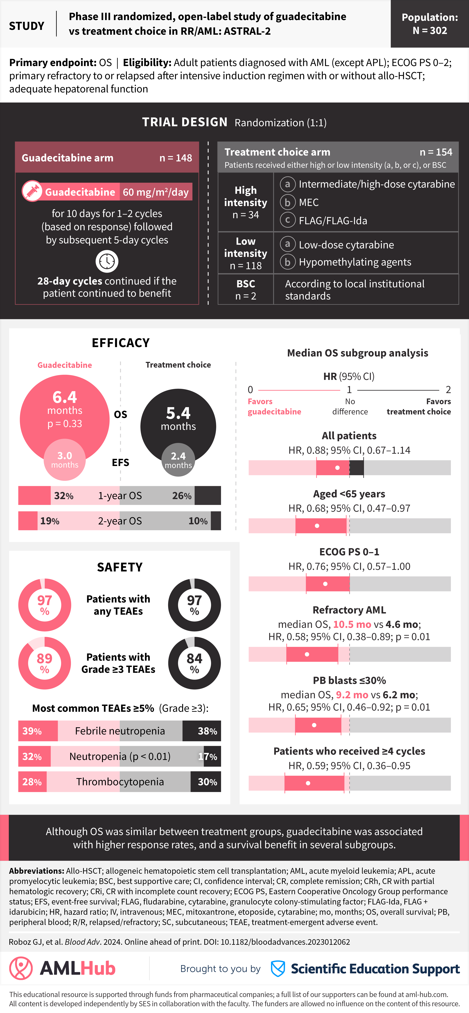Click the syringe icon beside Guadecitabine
coord(32,192)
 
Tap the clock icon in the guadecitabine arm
coord(107,262)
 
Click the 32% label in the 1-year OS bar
coord(64,496)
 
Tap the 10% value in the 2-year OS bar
coord(198,521)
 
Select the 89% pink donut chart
coord(44,663)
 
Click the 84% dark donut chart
coord(194,663)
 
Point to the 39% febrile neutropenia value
coord(32,731)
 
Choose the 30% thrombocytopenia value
coord(207,782)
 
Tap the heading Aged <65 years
coord(349,494)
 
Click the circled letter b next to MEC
coord(288,203)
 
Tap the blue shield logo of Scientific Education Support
coord(278,968)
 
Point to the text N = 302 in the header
coord(430,31)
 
